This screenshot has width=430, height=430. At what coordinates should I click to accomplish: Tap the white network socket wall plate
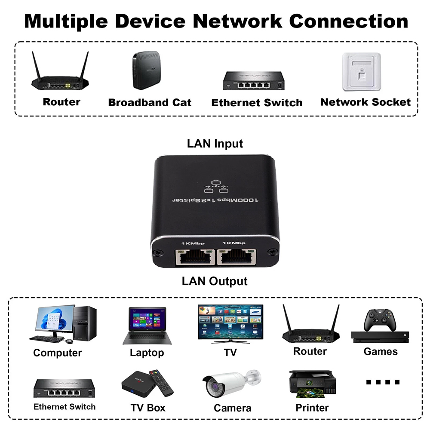coord(362,72)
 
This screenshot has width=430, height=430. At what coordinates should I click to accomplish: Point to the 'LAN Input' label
coord(215,143)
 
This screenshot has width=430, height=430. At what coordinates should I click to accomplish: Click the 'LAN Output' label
coord(215,281)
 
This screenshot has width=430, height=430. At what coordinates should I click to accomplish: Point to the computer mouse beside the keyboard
coord(69,341)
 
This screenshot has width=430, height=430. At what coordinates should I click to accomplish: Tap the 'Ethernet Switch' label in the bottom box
coord(64,407)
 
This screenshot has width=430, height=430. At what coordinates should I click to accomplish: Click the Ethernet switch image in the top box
coord(254,80)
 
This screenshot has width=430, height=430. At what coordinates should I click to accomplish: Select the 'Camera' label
coord(232,408)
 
